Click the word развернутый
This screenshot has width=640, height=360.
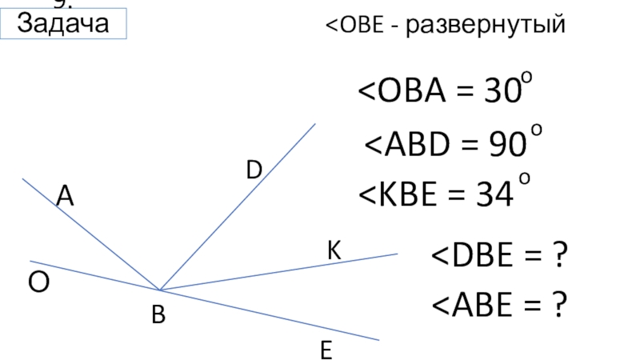click(x=485, y=26)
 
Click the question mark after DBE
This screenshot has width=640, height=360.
click(x=560, y=258)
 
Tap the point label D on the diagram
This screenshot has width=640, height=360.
click(x=254, y=170)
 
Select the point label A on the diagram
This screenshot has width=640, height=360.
click(x=65, y=196)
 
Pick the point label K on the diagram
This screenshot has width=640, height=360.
click(x=334, y=251)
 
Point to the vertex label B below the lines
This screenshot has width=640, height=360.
click(x=158, y=318)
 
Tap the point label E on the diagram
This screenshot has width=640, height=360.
click(x=326, y=351)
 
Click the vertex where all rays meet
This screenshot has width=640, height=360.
click(x=160, y=290)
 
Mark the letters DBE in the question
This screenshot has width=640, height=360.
click(x=478, y=258)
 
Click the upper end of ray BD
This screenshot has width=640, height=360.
click(x=315, y=124)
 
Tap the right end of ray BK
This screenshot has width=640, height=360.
click(x=397, y=254)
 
